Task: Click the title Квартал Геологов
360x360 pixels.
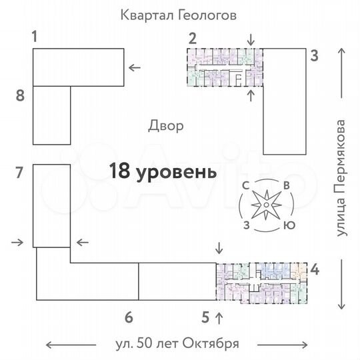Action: pyautogui.click(x=179, y=15)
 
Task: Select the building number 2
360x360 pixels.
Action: pyautogui.click(x=192, y=37)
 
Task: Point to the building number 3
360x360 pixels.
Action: pyautogui.click(x=314, y=56)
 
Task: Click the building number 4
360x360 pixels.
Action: pyautogui.click(x=315, y=271)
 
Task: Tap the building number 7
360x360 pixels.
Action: pyautogui.click(x=20, y=173)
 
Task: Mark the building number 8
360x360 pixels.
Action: pyautogui.click(x=20, y=96)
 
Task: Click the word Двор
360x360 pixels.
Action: pyautogui.click(x=167, y=127)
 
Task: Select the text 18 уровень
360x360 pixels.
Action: pyautogui.click(x=163, y=171)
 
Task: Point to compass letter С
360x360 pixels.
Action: pyautogui.click(x=247, y=186)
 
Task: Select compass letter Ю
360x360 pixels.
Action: pyautogui.click(x=289, y=225)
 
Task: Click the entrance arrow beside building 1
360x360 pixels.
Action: pyautogui.click(x=135, y=67)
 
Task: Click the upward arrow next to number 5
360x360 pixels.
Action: pyautogui.click(x=221, y=313)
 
